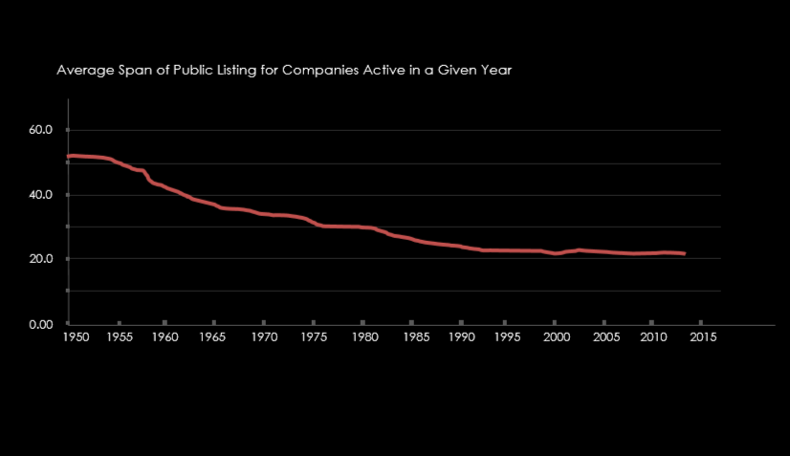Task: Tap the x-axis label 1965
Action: coord(214,337)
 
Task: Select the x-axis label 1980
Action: coord(362,337)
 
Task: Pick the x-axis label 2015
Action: coord(703,337)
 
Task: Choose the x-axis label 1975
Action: coord(314,337)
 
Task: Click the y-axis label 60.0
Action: coord(41,130)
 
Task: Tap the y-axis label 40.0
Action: coord(41,195)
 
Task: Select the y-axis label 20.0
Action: coord(41,259)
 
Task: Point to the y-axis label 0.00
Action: coord(41,324)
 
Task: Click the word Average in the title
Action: coord(82,71)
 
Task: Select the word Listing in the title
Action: coord(235,71)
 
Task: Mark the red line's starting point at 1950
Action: coord(69,156)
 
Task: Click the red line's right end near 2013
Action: coord(683,253)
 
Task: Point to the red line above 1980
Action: coord(362,228)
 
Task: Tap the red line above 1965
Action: coord(214,205)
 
